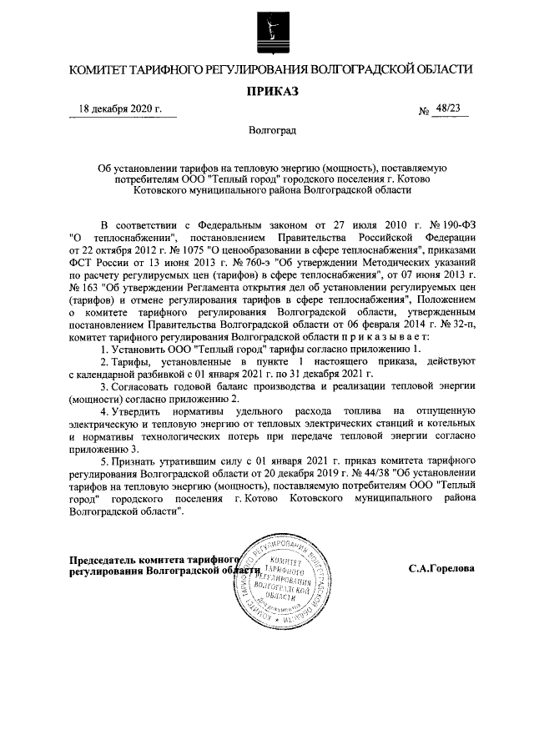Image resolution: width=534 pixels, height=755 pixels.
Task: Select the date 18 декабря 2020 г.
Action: point(120,109)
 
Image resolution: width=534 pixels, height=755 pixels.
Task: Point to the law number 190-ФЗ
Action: point(455,224)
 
